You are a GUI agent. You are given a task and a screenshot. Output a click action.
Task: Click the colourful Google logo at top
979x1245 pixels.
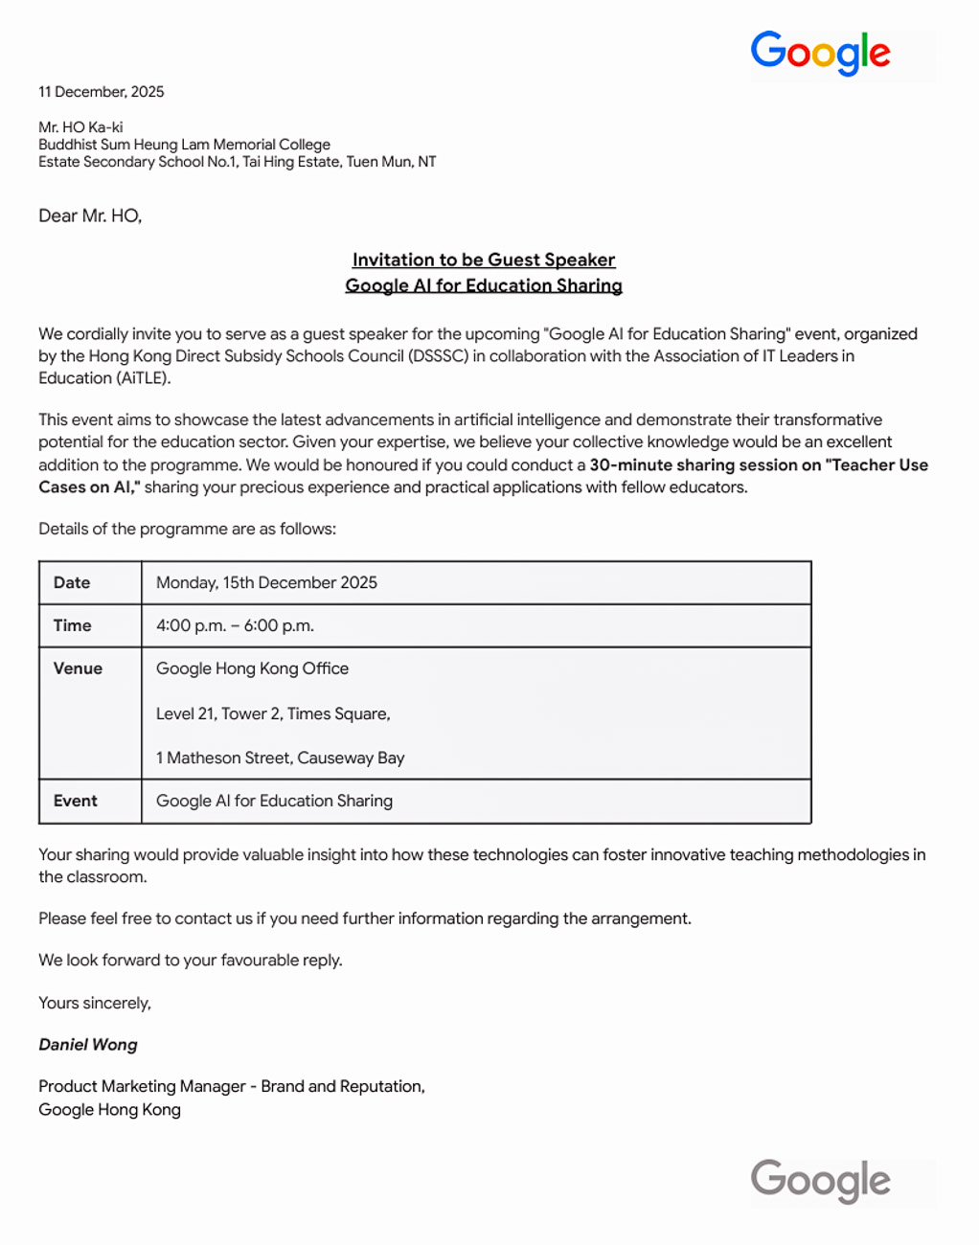pyautogui.click(x=820, y=54)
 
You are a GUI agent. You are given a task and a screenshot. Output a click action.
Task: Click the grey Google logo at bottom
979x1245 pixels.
pyautogui.click(x=820, y=1181)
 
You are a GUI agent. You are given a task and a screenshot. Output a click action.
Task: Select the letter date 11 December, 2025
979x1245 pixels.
pyautogui.click(x=102, y=92)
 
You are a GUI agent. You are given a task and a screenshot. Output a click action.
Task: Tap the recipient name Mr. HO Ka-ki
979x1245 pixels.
pyautogui.click(x=80, y=127)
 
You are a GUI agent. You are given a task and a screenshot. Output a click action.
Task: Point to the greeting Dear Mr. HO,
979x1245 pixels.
pyautogui.click(x=90, y=216)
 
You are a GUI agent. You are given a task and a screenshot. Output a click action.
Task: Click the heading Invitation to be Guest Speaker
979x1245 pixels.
pyautogui.click(x=484, y=260)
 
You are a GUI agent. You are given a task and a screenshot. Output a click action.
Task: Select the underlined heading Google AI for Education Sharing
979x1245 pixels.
pyautogui.click(x=484, y=285)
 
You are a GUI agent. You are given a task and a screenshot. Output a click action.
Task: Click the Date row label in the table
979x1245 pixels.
pyautogui.click(x=72, y=582)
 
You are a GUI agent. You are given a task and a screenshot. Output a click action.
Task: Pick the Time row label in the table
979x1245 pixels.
pyautogui.click(x=73, y=625)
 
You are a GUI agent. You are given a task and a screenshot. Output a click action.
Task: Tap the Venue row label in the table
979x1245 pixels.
pyautogui.click(x=78, y=668)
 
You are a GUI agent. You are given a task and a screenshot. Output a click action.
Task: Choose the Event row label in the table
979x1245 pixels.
pyautogui.click(x=76, y=801)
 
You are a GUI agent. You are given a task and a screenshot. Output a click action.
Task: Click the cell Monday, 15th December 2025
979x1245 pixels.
pyautogui.click(x=266, y=582)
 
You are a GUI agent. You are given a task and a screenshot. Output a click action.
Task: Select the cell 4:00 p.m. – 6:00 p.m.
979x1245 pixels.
pyautogui.click(x=235, y=625)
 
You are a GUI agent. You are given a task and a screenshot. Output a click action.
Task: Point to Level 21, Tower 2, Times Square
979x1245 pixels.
pyautogui.click(x=273, y=713)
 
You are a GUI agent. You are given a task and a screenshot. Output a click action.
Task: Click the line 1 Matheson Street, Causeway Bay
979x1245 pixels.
pyautogui.click(x=280, y=758)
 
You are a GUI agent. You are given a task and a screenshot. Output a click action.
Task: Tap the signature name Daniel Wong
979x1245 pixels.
pyautogui.click(x=88, y=1045)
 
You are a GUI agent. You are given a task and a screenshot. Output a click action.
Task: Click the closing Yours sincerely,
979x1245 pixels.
pyautogui.click(x=95, y=1003)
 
